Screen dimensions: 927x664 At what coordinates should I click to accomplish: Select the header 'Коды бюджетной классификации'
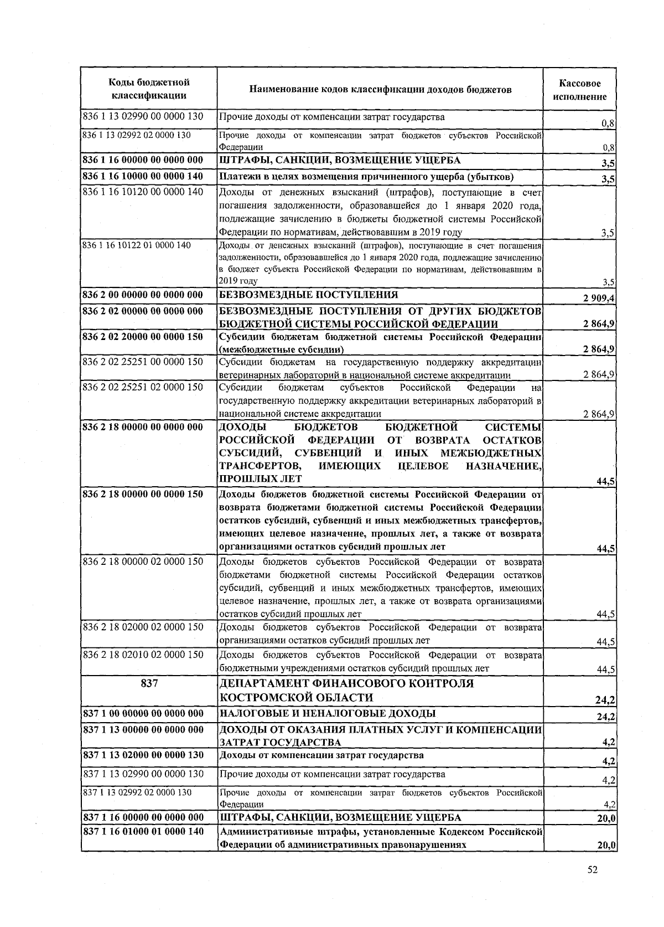point(148,89)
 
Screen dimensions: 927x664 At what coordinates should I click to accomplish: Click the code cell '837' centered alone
point(149,683)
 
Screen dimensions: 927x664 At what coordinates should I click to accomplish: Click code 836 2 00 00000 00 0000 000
point(143,295)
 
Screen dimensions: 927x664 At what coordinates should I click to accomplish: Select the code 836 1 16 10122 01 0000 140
point(136,245)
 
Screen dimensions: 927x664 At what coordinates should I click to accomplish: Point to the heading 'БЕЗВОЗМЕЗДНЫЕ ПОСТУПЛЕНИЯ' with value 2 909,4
point(309,295)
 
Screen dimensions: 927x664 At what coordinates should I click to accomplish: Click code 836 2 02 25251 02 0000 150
point(143,387)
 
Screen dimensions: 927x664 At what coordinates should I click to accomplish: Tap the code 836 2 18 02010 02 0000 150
point(143,655)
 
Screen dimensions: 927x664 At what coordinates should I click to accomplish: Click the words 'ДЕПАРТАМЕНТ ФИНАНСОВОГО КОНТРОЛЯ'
point(346,683)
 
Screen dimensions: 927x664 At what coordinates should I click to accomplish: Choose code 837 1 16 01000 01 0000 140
point(143,831)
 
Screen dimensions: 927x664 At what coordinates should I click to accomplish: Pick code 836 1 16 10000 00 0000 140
point(143,177)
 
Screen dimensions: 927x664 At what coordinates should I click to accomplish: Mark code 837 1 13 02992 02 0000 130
point(136,792)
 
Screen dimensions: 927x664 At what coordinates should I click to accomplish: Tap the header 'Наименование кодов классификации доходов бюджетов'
point(380,90)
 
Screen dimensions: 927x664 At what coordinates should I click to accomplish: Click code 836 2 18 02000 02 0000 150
point(143,627)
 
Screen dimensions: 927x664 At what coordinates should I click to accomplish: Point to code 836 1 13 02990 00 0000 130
point(143,117)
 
